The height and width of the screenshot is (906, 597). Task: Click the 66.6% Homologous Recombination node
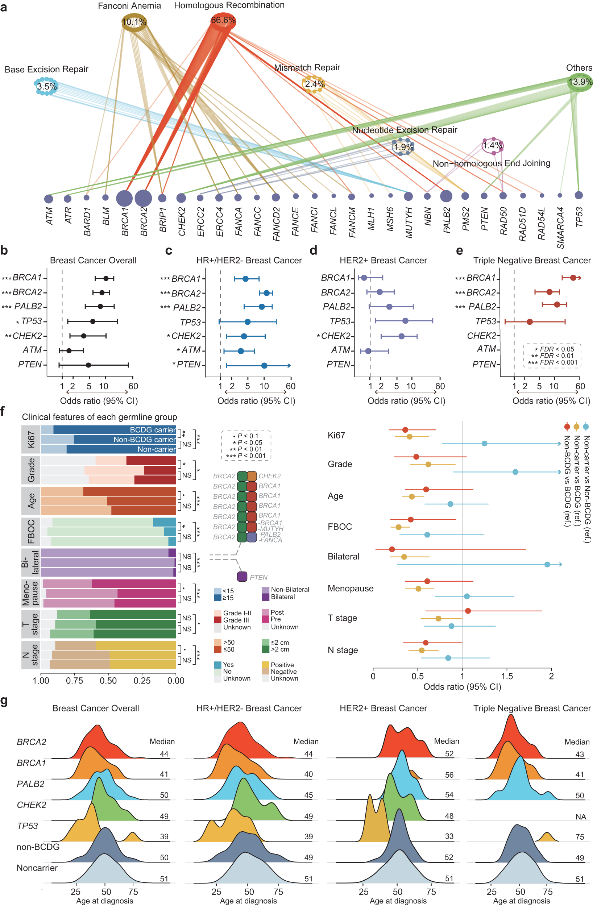click(223, 21)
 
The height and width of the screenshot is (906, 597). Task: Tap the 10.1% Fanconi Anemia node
click(134, 22)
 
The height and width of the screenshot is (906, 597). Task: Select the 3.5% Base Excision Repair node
click(46, 86)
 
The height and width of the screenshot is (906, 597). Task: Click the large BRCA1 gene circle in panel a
click(124, 198)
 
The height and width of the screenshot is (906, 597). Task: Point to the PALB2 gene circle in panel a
click(446, 196)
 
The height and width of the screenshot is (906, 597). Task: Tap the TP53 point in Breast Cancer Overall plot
click(92, 321)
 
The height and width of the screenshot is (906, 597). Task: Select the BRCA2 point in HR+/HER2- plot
click(266, 293)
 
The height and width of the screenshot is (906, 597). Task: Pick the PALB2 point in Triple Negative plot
click(557, 304)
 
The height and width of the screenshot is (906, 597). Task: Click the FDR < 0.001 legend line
click(552, 362)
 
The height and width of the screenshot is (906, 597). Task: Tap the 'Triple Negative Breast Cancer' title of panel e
click(532, 260)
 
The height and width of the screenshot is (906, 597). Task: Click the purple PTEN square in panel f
click(242, 576)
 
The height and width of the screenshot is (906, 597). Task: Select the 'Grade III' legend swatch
click(218, 620)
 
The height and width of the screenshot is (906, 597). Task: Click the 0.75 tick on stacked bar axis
click(75, 681)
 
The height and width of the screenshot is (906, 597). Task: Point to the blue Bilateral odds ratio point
click(547, 564)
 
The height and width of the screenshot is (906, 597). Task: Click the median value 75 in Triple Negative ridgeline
click(580, 837)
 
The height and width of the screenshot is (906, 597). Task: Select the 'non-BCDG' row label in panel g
click(38, 847)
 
